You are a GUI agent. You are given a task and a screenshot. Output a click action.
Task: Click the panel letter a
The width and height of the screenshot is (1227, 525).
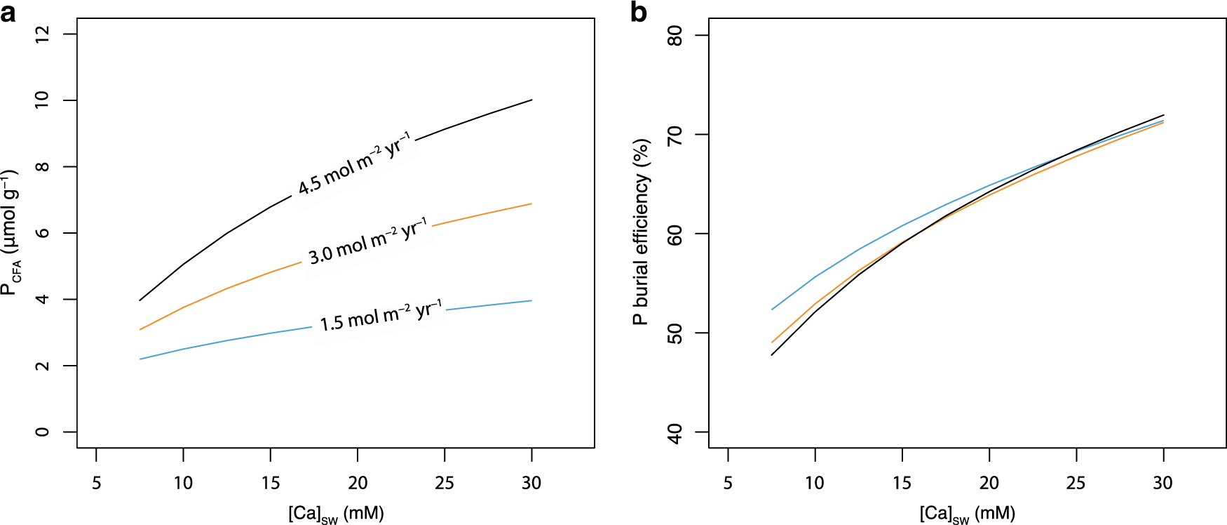pyautogui.click(x=8, y=12)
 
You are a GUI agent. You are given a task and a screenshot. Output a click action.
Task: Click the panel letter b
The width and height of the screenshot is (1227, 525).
pyautogui.click(x=639, y=12)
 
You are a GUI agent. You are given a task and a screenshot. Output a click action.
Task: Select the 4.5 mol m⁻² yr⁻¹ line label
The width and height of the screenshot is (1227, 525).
pyautogui.click(x=354, y=164)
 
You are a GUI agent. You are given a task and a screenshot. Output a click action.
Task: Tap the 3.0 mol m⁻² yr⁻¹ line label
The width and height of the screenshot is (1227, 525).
pyautogui.click(x=368, y=241)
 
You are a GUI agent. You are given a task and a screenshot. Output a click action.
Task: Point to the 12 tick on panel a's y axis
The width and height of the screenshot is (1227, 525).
pyautogui.click(x=42, y=34)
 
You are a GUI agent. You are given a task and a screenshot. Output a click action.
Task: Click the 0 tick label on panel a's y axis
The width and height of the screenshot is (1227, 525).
pyautogui.click(x=42, y=432)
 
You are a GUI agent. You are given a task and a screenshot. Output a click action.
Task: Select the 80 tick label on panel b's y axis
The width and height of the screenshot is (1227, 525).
pyautogui.click(x=674, y=36)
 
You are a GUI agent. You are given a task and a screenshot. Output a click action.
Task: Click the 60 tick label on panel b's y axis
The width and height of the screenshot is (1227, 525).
pyautogui.click(x=674, y=234)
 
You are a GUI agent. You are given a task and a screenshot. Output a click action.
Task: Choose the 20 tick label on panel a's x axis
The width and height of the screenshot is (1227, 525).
pyautogui.click(x=358, y=483)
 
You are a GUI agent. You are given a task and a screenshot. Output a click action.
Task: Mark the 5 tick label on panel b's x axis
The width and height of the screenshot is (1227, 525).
pyautogui.click(x=728, y=483)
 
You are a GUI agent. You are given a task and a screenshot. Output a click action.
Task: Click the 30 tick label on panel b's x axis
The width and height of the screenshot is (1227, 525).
pyautogui.click(x=1163, y=483)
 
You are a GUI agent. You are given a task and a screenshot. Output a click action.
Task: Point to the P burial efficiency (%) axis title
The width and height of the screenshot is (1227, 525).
pyautogui.click(x=641, y=232)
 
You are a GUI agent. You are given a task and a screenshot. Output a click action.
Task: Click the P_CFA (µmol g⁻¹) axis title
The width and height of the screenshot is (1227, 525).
pyautogui.click(x=11, y=232)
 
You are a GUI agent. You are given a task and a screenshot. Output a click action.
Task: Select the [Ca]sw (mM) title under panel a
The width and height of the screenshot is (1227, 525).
pyautogui.click(x=336, y=514)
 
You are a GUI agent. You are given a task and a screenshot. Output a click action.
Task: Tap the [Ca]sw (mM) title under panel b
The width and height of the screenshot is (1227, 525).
pyautogui.click(x=968, y=514)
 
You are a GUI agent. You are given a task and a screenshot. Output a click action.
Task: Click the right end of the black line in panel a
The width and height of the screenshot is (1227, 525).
pyautogui.click(x=531, y=100)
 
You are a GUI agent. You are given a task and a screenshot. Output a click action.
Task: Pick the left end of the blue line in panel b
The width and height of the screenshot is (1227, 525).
pyautogui.click(x=772, y=310)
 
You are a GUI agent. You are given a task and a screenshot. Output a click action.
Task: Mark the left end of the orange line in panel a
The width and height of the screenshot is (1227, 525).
pyautogui.click(x=140, y=329)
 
